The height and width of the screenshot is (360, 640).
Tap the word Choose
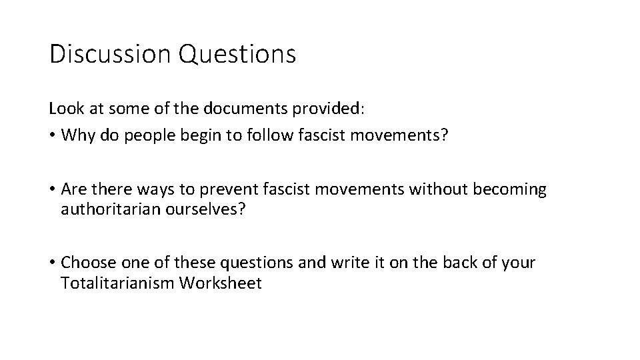(x=85, y=263)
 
